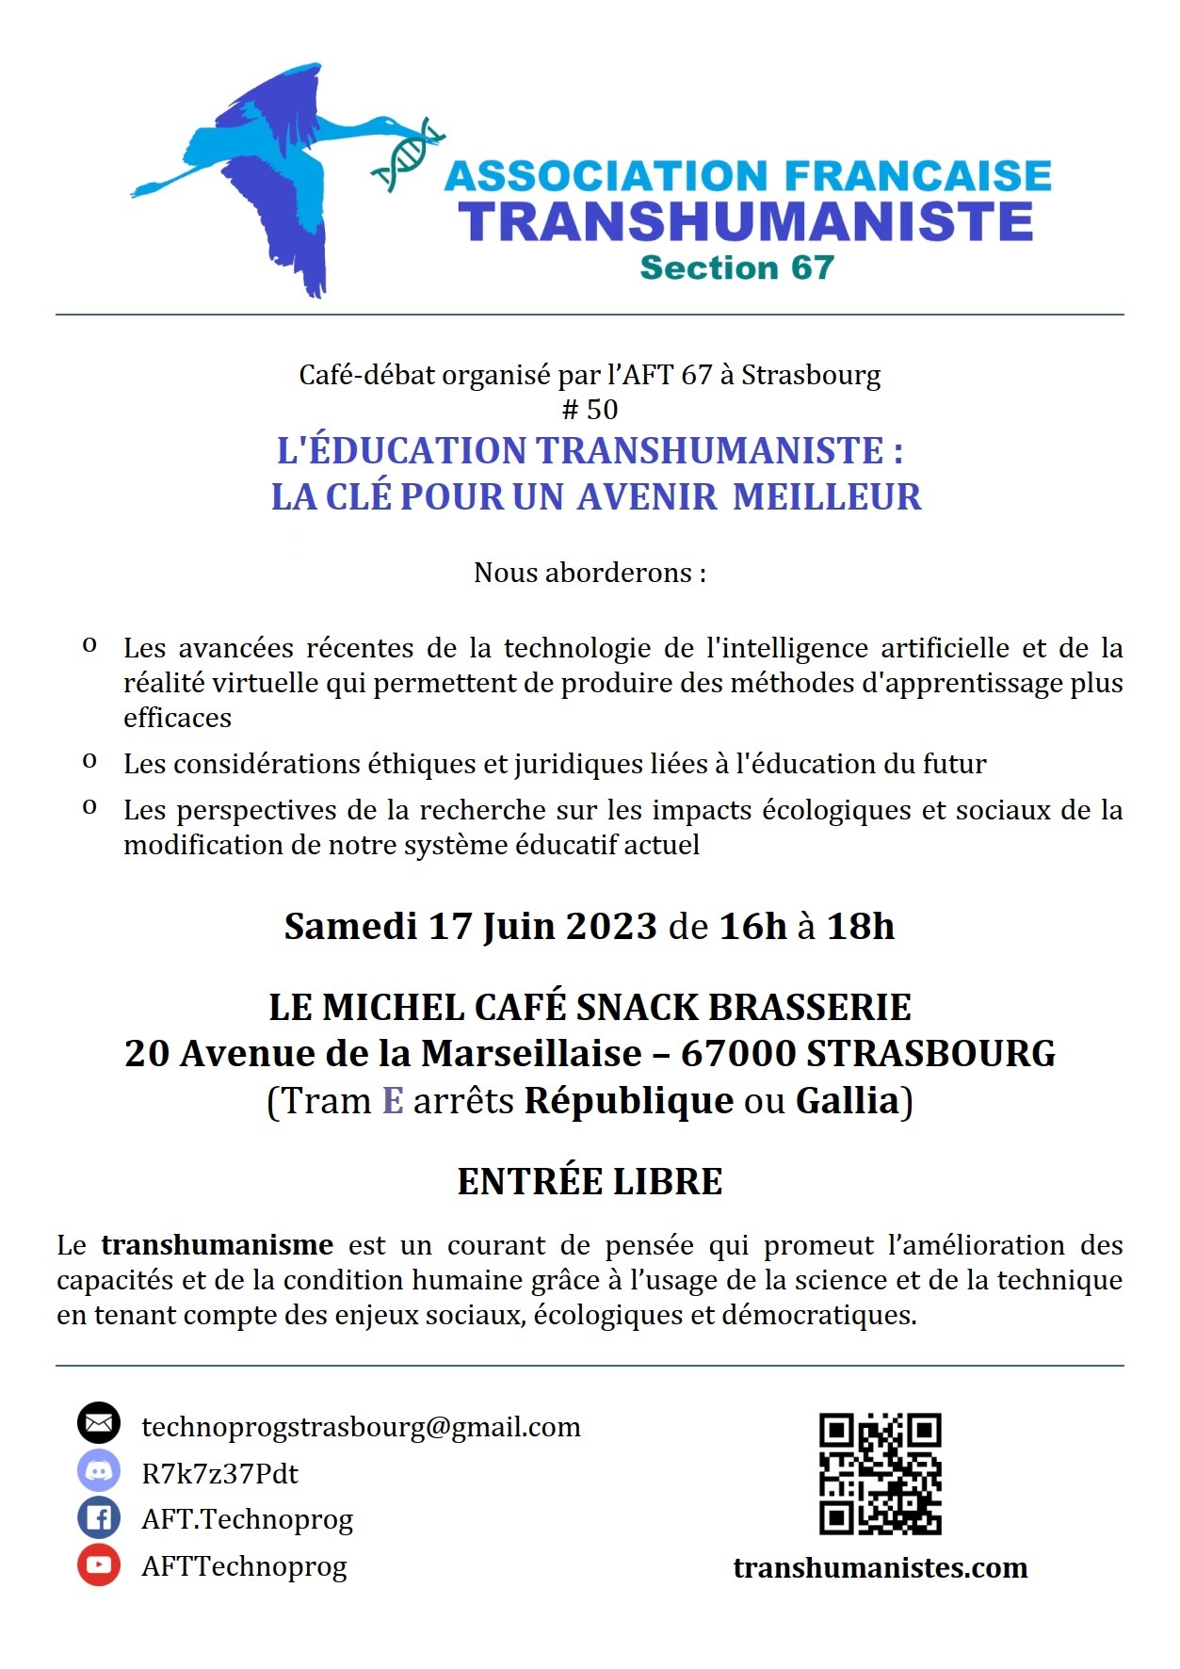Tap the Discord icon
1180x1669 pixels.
(x=99, y=1470)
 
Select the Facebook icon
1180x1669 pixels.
(x=99, y=1517)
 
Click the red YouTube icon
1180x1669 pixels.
(x=99, y=1564)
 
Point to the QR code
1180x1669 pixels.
(x=880, y=1473)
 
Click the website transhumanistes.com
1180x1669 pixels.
(x=880, y=1568)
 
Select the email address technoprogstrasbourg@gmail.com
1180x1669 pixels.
(x=361, y=1427)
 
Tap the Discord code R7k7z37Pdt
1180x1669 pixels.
(x=219, y=1473)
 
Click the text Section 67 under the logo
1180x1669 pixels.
(x=736, y=267)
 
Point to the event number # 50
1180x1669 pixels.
(x=590, y=409)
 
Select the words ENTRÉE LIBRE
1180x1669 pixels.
(x=590, y=1181)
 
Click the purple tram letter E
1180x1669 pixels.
(x=393, y=1100)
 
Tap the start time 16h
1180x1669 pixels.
(x=752, y=927)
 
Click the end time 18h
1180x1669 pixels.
(x=860, y=927)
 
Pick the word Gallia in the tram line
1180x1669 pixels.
(x=848, y=1100)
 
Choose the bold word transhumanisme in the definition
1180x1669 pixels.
(x=218, y=1245)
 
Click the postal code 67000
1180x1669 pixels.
(x=737, y=1053)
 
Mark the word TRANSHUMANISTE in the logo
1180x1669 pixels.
(x=746, y=221)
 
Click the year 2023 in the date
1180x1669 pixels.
(x=611, y=927)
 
